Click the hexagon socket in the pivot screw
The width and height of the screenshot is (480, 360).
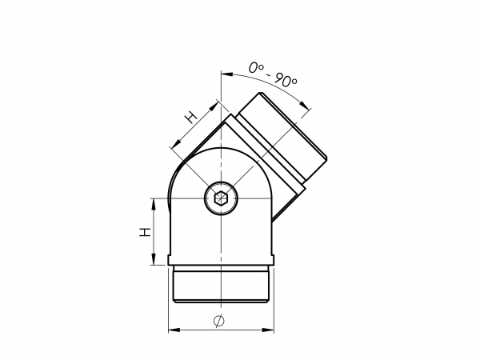[x=221, y=198]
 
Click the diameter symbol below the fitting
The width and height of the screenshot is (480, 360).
[x=219, y=321]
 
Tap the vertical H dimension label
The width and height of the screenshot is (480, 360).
[x=145, y=232]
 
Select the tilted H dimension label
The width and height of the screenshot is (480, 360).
[x=191, y=117]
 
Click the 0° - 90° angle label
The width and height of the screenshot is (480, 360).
[x=273, y=75]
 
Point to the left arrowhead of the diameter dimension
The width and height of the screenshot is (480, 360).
[x=174, y=330]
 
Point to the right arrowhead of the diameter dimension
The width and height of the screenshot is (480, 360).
[x=269, y=330]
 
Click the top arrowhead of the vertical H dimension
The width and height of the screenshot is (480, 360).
[x=154, y=204]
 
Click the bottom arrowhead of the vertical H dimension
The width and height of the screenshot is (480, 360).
[x=154, y=259]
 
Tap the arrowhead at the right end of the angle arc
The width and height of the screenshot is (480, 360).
[x=304, y=105]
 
